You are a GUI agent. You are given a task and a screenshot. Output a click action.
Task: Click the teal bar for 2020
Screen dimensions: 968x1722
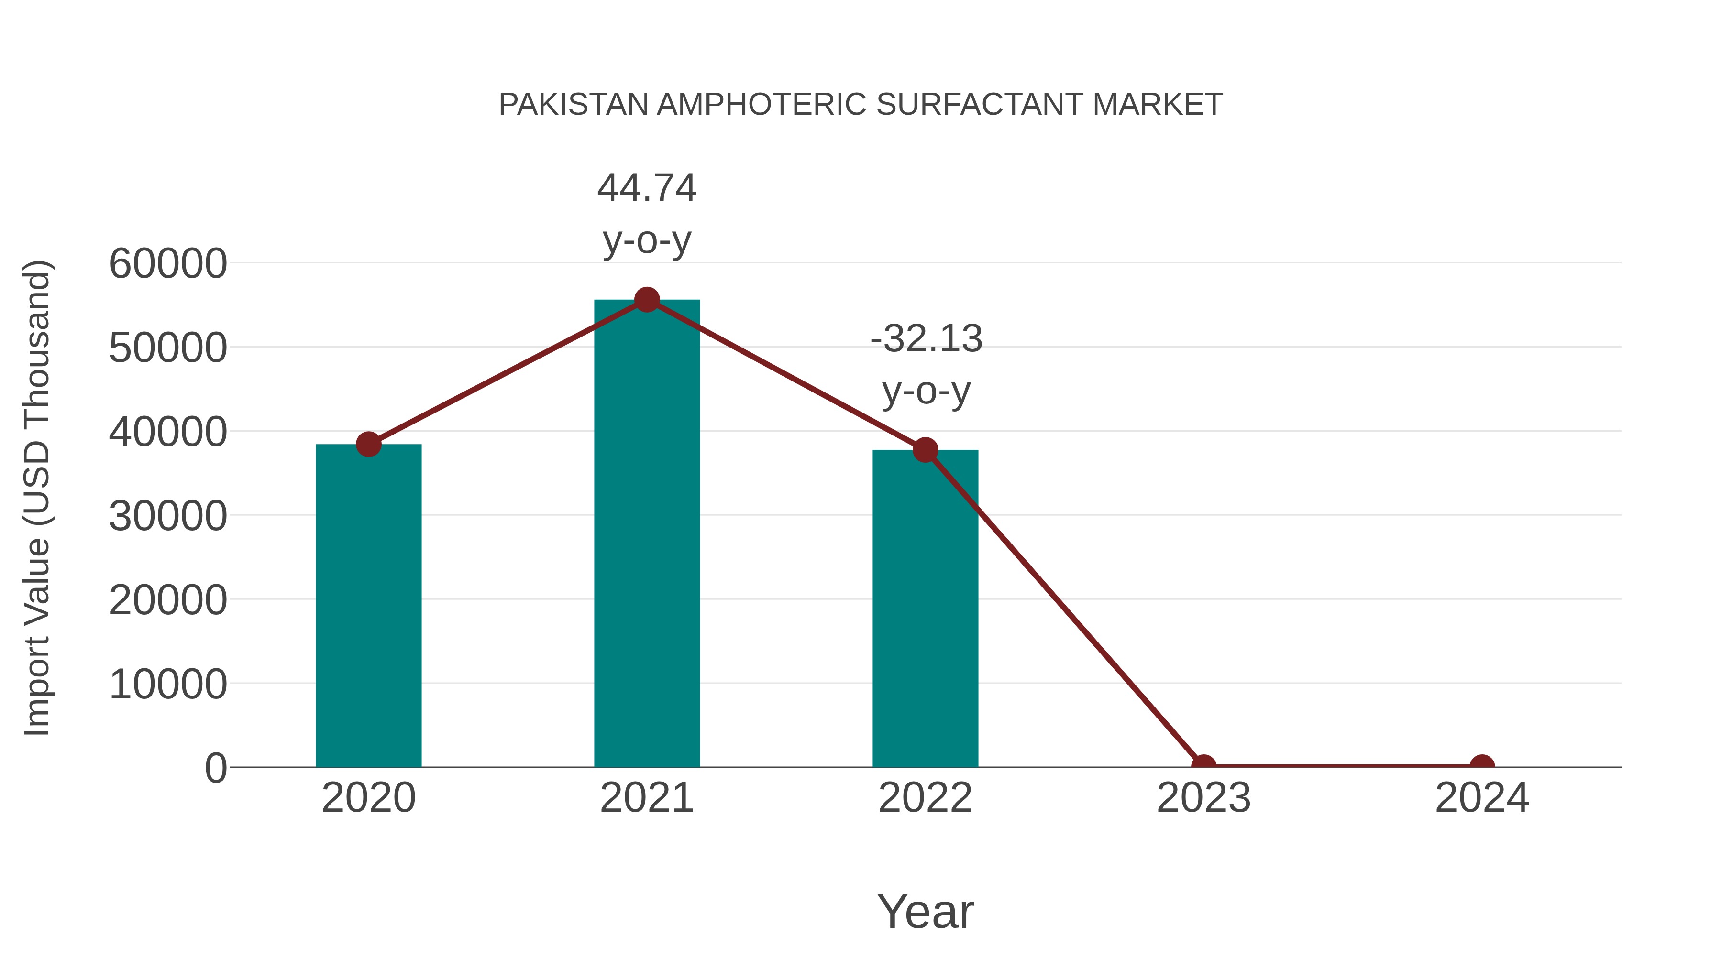click(x=368, y=605)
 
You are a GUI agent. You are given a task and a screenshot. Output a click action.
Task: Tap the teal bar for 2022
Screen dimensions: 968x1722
click(x=925, y=608)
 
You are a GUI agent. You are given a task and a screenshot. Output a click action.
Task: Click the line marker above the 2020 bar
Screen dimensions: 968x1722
click(x=368, y=444)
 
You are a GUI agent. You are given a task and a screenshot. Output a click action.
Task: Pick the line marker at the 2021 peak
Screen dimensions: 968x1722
click(x=646, y=300)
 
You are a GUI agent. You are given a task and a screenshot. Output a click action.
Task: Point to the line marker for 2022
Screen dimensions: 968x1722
click(x=925, y=450)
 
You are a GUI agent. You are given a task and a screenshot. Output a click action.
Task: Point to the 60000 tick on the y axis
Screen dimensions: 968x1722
click(x=168, y=263)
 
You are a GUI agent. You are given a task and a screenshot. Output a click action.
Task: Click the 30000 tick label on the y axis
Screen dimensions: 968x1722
click(x=168, y=516)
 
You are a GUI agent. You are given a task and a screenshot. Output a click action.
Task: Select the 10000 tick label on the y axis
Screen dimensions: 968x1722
click(x=168, y=684)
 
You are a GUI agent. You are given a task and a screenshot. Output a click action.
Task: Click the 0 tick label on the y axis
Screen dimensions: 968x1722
click(x=216, y=768)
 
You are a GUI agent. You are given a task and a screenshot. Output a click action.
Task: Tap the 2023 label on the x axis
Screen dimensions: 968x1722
click(x=1203, y=798)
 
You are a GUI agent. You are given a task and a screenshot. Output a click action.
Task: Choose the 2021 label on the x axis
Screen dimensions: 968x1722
click(x=646, y=798)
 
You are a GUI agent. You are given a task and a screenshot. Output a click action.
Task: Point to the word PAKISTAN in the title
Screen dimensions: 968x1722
click(x=574, y=105)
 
